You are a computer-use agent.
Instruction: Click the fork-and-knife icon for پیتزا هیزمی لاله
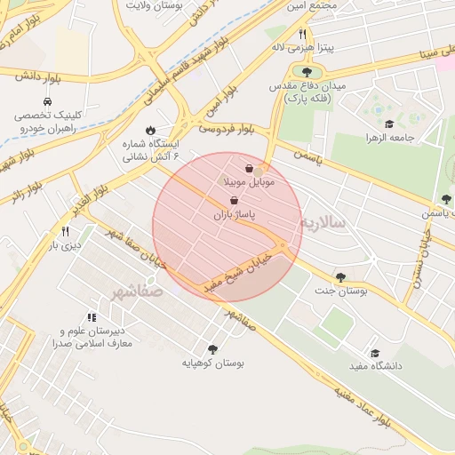(302, 34)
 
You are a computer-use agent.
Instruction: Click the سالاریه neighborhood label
(327, 221)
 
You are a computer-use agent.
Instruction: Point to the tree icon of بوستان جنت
(341, 277)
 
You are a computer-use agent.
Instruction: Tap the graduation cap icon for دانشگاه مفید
(374, 353)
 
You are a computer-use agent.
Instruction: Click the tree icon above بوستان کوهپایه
(212, 349)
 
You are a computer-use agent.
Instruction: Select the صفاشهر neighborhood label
(139, 291)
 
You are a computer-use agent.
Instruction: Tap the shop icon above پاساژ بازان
(234, 202)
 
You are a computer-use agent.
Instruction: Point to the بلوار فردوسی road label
(226, 129)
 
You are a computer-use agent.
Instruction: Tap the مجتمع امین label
(311, 6)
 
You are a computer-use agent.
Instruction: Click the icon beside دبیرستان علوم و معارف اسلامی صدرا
(91, 317)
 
